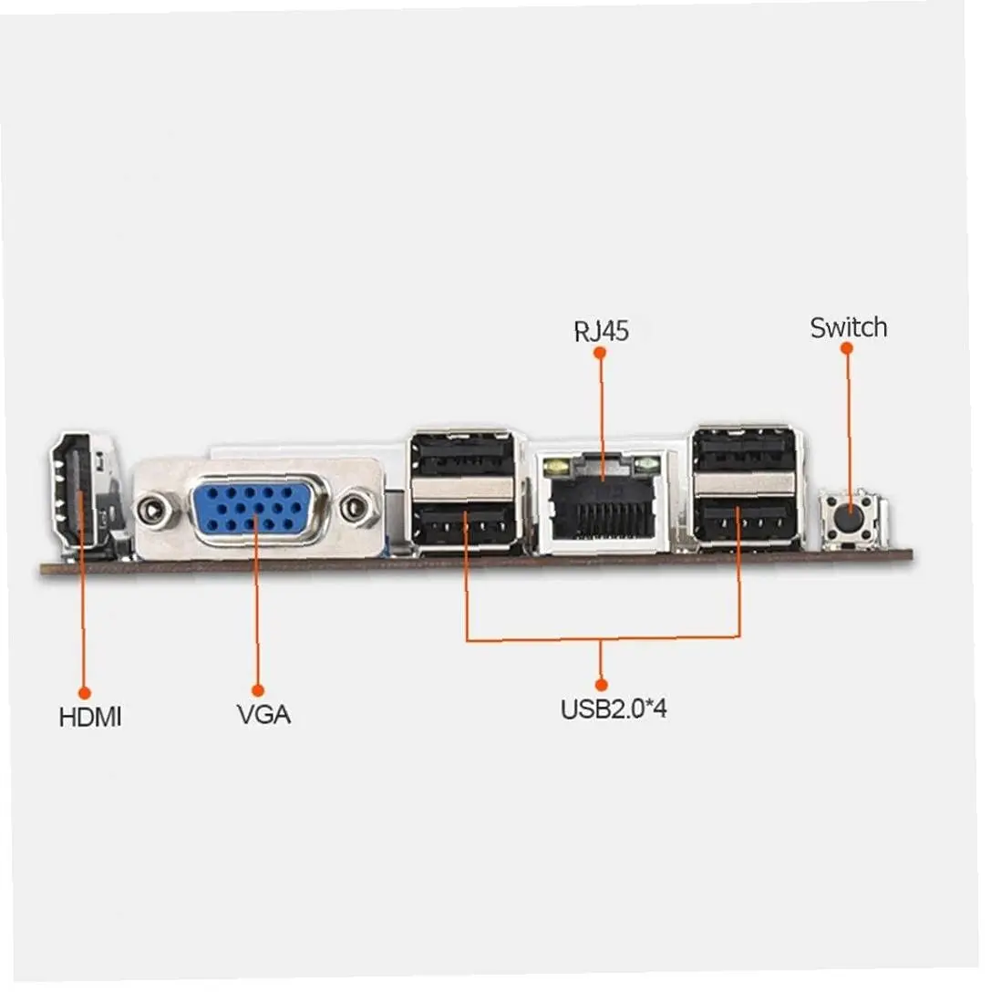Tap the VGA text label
point(263,714)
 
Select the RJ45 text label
point(601,330)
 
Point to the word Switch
point(848,327)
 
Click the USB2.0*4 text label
point(613,708)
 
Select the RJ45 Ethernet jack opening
point(603,504)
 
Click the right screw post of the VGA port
point(359,506)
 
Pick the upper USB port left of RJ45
point(462,454)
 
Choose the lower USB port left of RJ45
point(464,523)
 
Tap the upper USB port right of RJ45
point(745,449)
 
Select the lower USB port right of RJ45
point(745,521)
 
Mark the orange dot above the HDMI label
point(84,693)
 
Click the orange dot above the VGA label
point(257,690)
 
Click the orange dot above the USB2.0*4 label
point(601,683)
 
